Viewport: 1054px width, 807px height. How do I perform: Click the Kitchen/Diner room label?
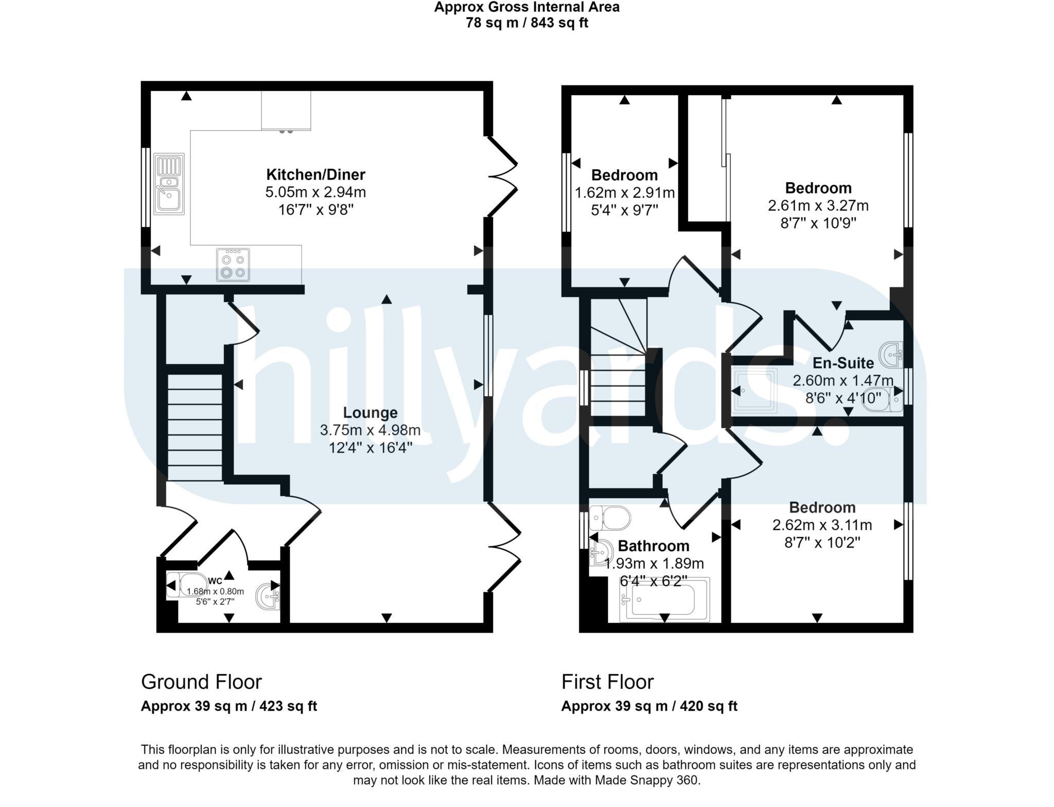[x=315, y=174]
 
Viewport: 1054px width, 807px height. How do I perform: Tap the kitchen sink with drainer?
[x=169, y=184]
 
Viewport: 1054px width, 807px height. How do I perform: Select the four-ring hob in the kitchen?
[x=233, y=265]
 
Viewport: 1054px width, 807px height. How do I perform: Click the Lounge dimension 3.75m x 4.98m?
[x=370, y=430]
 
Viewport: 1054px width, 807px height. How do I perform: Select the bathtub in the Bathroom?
[x=664, y=600]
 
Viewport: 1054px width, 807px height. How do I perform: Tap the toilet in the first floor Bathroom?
[x=610, y=518]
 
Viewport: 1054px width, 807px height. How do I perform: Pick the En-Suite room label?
[x=843, y=363]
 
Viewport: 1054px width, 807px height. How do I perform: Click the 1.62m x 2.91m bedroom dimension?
[x=624, y=193]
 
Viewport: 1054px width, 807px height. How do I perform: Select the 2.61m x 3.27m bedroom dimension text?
[x=818, y=206]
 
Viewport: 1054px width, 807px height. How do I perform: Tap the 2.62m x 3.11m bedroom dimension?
[x=822, y=525]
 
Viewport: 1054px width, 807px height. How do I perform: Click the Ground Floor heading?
[x=201, y=682]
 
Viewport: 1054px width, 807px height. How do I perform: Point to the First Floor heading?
[x=607, y=682]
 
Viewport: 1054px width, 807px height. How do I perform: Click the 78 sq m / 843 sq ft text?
[x=526, y=23]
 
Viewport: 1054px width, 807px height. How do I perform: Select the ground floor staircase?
[x=195, y=427]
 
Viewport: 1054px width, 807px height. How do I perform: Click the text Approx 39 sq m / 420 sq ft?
[x=649, y=706]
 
